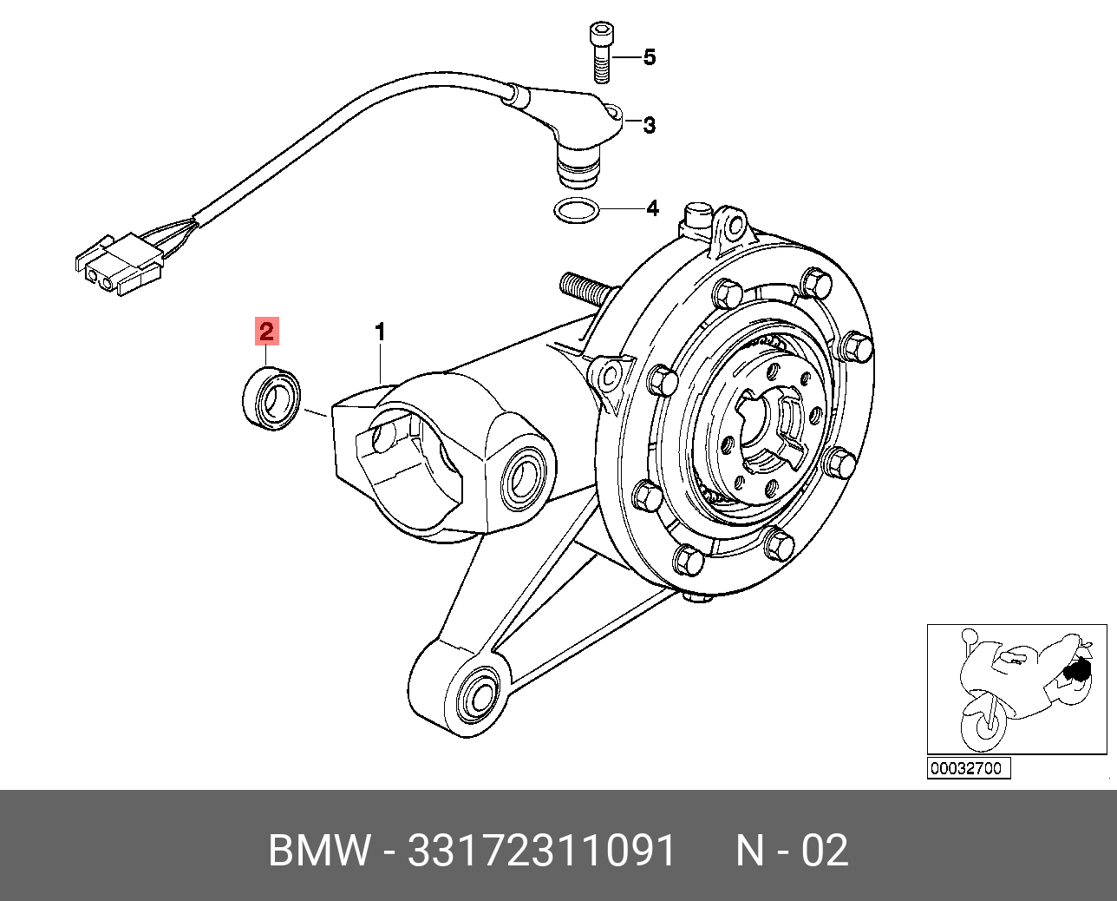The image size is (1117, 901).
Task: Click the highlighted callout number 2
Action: point(265,331)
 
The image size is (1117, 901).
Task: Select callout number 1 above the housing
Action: point(379,332)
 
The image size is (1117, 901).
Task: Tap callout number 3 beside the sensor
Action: point(649,125)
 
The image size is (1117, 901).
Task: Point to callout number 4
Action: point(651,208)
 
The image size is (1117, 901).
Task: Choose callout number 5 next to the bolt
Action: point(649,58)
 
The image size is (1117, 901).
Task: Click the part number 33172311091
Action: point(541,852)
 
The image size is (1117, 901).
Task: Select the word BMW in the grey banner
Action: point(318,852)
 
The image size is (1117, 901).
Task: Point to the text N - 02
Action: point(792,852)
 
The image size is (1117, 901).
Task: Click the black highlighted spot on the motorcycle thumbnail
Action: point(1077,670)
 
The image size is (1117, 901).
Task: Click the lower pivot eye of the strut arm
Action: point(476,695)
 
